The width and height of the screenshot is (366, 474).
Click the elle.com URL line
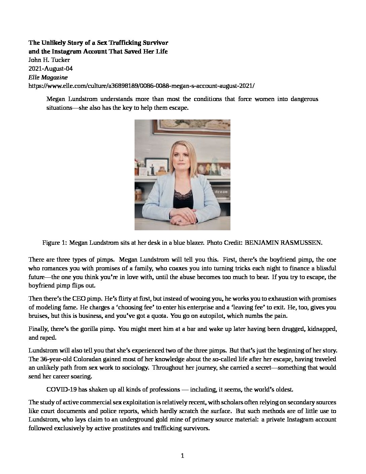[x=142, y=86]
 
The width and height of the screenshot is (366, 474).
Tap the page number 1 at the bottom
[x=183, y=456]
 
